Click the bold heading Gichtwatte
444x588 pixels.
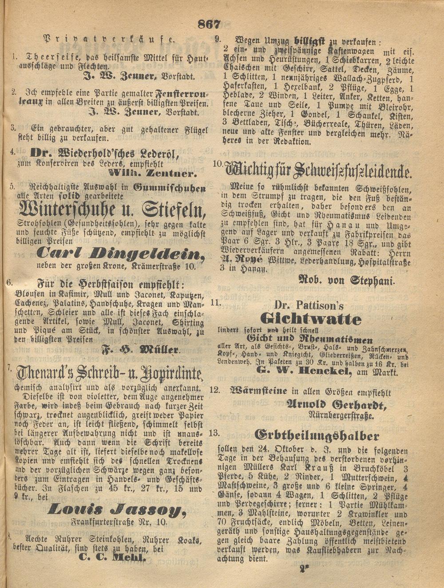[310, 319]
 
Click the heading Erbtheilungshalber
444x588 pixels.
[317, 435]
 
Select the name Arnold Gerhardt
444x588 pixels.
[336, 405]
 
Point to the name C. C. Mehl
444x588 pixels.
[112, 558]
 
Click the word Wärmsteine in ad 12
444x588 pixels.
[259, 391]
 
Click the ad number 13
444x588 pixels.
[214, 432]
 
